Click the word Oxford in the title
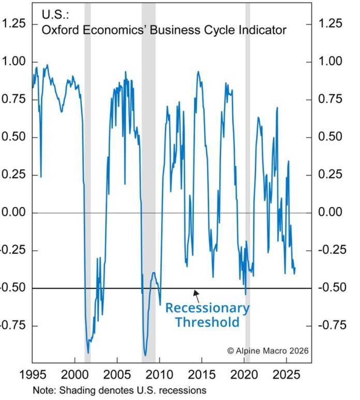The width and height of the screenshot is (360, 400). [57, 30]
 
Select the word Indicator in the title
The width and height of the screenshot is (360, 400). [263, 30]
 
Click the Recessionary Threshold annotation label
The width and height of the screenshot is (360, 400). [207, 315]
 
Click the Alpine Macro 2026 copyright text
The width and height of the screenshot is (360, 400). [268, 350]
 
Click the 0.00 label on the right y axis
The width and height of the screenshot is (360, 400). [331, 212]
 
